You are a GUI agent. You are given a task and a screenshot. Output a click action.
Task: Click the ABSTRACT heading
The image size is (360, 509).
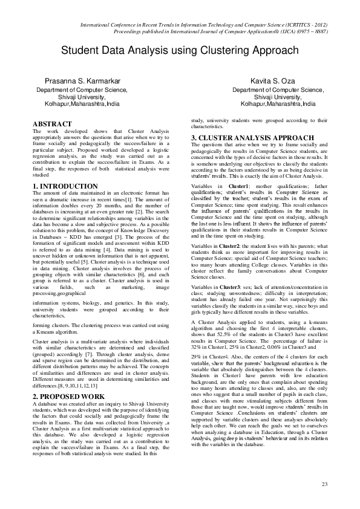(x=52, y=124)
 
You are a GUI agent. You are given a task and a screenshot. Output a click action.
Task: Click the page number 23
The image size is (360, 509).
(x=324, y=484)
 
